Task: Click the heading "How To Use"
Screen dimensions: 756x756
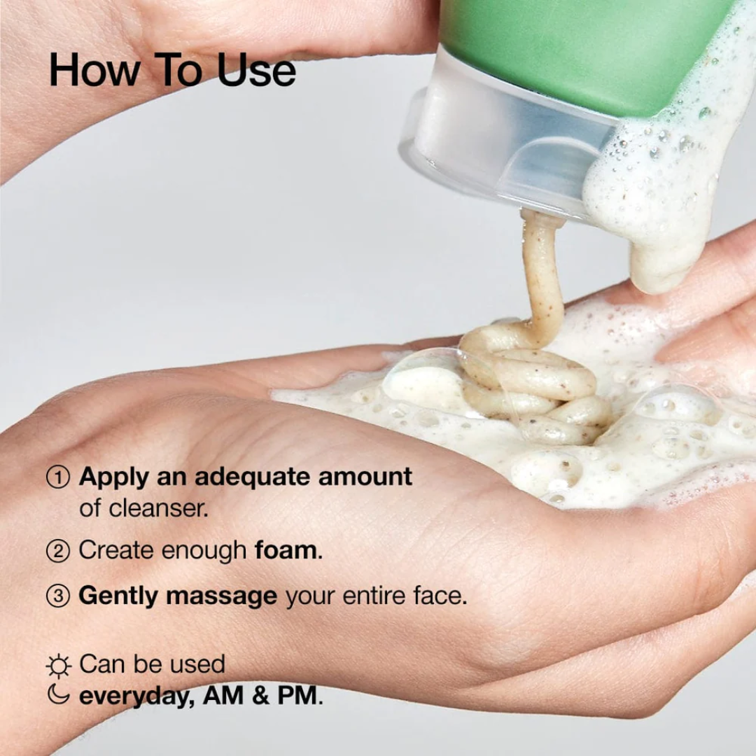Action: click(172, 71)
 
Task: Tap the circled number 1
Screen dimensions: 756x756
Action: click(58, 478)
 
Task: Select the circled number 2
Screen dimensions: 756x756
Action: click(58, 551)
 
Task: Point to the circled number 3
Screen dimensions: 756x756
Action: click(58, 596)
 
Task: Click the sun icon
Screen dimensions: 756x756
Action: click(59, 666)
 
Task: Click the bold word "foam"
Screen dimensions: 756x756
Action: click(286, 550)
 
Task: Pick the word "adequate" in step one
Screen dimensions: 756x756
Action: click(253, 477)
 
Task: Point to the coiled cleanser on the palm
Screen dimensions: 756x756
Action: click(532, 385)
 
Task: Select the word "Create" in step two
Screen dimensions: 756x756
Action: click(117, 550)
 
